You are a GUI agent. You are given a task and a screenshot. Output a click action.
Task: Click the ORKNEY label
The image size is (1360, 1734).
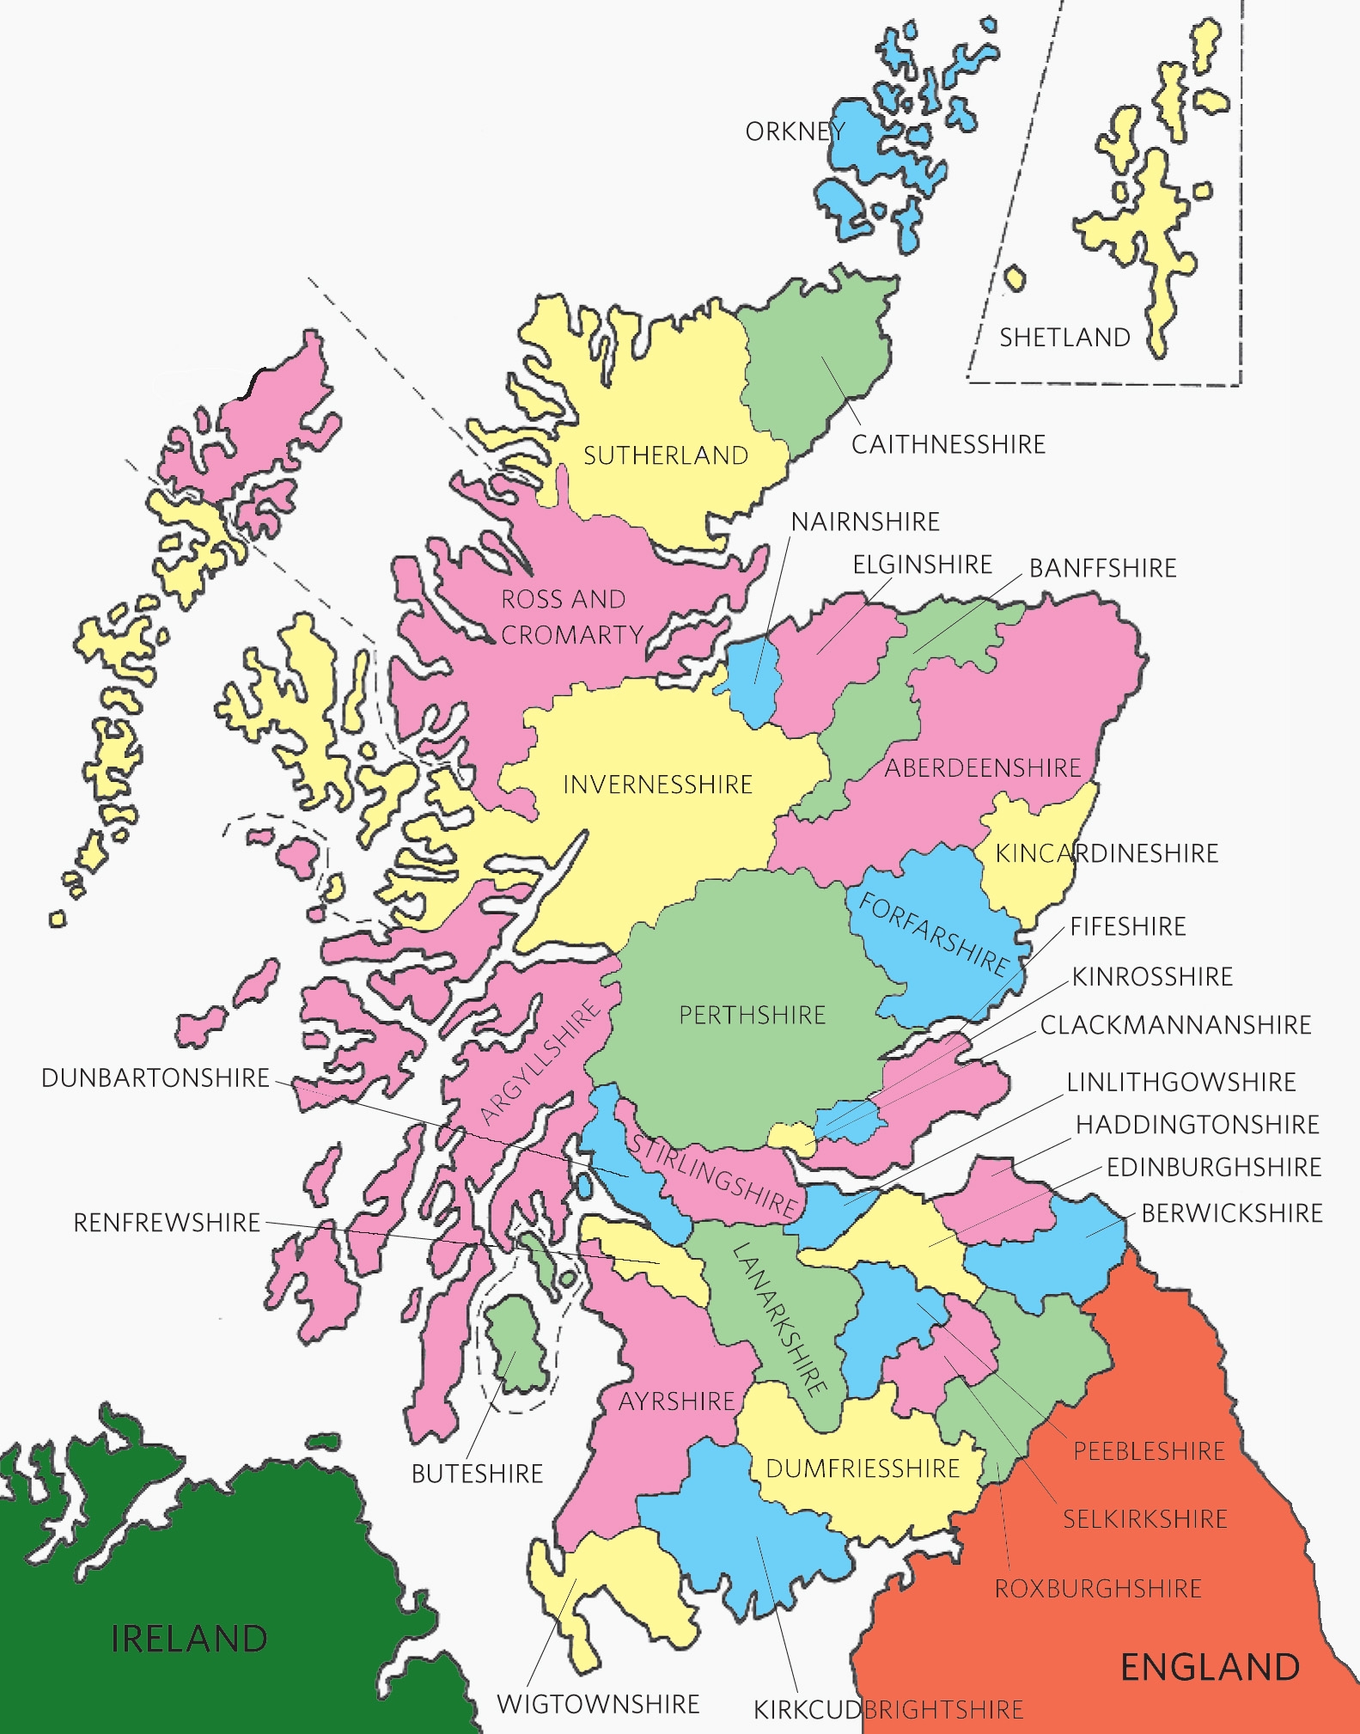tap(795, 131)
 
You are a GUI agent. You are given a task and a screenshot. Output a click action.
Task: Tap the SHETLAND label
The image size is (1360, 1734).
tap(1064, 338)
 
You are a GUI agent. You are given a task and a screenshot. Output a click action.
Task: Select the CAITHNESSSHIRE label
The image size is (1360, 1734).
tap(948, 444)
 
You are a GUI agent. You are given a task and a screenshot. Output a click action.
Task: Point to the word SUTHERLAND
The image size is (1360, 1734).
tap(666, 455)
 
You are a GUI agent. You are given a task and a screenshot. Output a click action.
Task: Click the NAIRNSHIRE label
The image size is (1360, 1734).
tap(865, 522)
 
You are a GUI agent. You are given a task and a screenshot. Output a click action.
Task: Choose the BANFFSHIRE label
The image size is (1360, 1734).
tap(1103, 568)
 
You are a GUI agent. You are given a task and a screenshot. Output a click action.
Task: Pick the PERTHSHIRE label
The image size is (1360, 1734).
tap(752, 1015)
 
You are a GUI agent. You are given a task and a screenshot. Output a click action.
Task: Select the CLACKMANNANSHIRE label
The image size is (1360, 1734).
tap(1175, 1025)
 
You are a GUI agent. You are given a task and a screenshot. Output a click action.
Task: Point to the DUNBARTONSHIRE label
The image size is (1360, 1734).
tap(156, 1078)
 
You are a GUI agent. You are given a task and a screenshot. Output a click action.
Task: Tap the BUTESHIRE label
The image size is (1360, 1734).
tap(477, 1474)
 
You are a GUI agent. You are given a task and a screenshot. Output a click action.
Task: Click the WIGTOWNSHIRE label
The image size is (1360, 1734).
tap(598, 1704)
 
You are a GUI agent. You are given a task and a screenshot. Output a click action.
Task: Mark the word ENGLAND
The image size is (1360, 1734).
tap(1210, 1667)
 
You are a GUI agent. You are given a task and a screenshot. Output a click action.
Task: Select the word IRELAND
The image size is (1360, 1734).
tap(189, 1639)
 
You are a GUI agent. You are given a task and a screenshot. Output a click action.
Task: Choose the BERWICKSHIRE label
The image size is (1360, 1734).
tap(1232, 1213)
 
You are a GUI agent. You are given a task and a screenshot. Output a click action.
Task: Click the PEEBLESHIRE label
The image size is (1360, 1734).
tap(1149, 1451)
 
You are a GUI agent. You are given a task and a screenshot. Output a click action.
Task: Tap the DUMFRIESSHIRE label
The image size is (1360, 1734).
tap(863, 1468)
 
